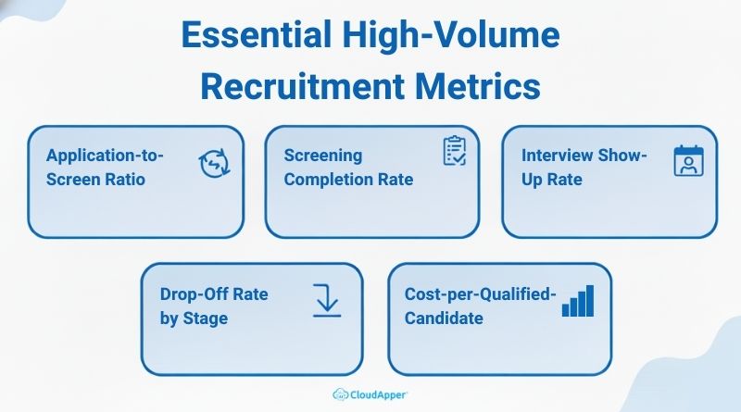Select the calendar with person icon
point(688,161)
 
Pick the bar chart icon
point(578,301)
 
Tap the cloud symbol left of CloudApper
point(342,393)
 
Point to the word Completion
point(327,178)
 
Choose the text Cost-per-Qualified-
point(481,294)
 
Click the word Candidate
point(444,318)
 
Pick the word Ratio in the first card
point(124,178)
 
